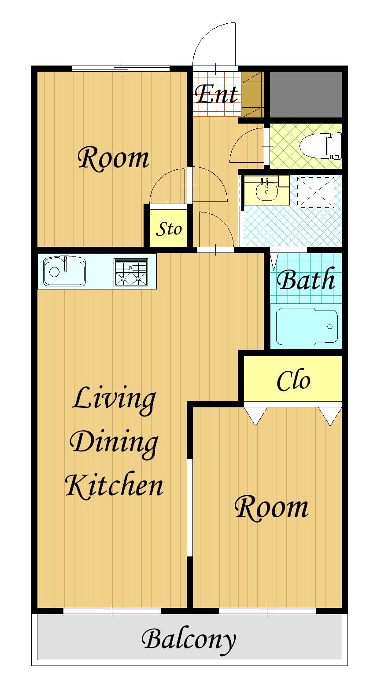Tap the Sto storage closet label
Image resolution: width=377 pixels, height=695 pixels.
coord(169,229)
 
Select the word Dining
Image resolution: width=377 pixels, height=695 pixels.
coord(114,444)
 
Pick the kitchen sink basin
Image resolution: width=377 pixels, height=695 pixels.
coord(65,271)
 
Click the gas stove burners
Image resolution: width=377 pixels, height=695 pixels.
coord(131,272)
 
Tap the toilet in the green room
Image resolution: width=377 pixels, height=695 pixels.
coord(321,146)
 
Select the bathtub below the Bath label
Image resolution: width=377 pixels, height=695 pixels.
coord(307,326)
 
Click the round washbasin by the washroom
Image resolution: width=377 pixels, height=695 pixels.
coord(267,190)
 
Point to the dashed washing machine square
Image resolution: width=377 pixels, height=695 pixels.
coord(315,192)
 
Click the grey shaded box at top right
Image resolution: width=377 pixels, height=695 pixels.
coord(306,94)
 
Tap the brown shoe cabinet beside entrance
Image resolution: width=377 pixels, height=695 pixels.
coord(252,94)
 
